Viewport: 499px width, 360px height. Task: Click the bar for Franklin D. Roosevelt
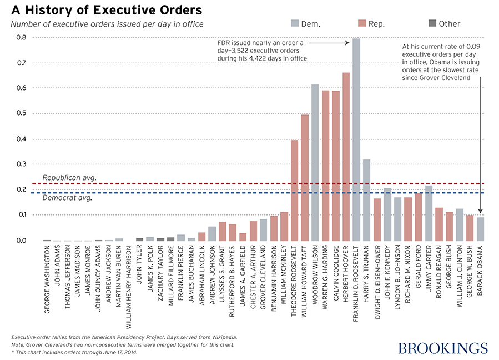(x=356, y=139)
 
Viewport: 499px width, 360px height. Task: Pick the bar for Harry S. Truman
(x=367, y=200)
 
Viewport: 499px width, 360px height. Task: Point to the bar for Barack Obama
(x=481, y=228)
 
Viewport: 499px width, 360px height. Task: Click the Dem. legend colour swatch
(x=294, y=23)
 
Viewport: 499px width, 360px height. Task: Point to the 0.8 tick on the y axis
(x=21, y=38)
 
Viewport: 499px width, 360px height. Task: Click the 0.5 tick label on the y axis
(x=21, y=113)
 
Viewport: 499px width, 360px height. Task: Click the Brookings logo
(x=442, y=348)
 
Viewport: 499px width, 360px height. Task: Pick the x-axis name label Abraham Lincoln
(x=203, y=273)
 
